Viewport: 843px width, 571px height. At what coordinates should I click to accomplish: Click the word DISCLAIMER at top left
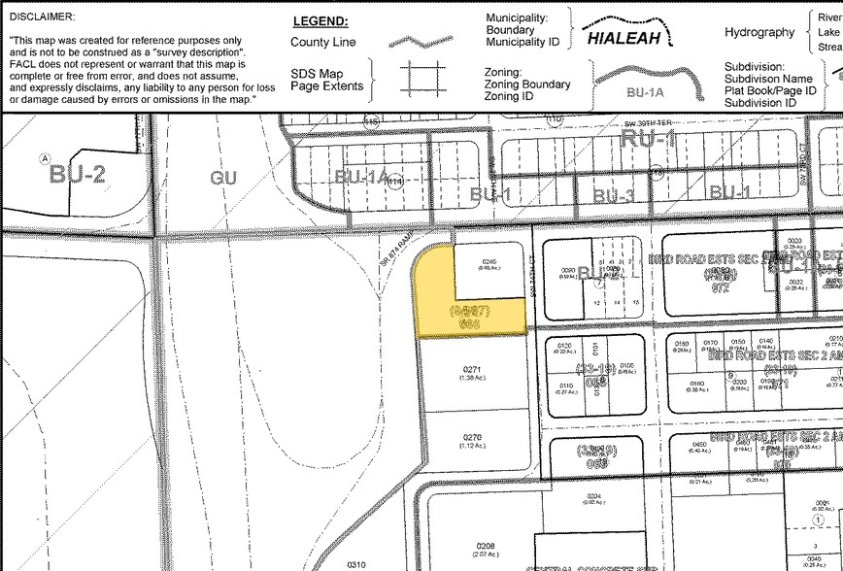click(x=42, y=17)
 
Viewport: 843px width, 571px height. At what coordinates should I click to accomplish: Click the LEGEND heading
click(x=320, y=21)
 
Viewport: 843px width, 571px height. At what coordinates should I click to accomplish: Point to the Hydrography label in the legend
click(x=759, y=32)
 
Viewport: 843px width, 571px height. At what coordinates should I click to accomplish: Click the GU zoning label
click(x=223, y=178)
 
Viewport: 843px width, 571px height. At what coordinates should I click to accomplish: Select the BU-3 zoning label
click(x=613, y=195)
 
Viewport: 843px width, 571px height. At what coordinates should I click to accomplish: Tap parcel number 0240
click(x=489, y=261)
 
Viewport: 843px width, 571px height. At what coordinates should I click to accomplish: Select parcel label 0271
click(x=473, y=370)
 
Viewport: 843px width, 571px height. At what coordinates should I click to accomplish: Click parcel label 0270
click(x=473, y=438)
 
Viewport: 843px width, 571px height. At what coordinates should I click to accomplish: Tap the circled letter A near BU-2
click(x=43, y=157)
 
